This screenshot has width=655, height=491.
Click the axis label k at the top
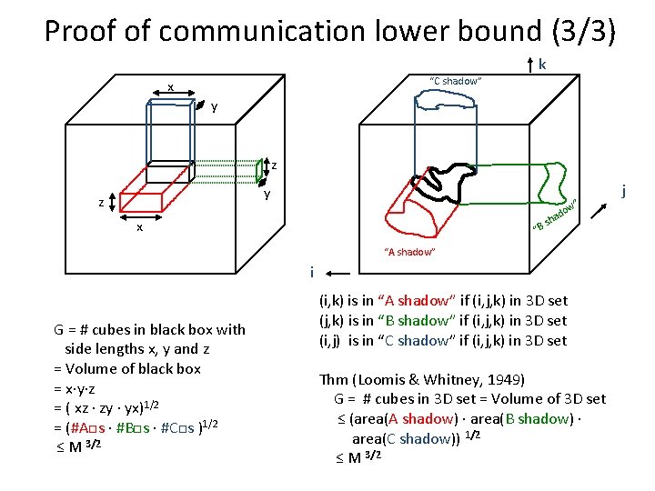pyautogui.click(x=543, y=65)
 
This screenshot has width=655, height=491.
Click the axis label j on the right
pyautogui.click(x=625, y=191)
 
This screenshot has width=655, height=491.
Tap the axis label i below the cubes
pyautogui.click(x=311, y=272)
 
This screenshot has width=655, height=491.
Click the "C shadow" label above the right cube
pyautogui.click(x=455, y=82)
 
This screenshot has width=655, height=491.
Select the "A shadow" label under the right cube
pyautogui.click(x=410, y=252)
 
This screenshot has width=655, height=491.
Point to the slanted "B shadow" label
pyautogui.click(x=556, y=215)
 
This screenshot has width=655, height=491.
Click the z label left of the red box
pyautogui.click(x=100, y=203)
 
